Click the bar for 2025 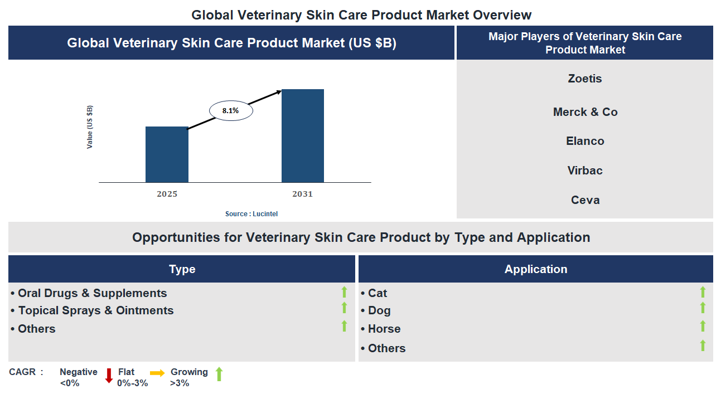pos(167,154)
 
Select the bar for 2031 pos(302,135)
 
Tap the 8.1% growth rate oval pos(231,111)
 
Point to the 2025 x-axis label pos(167,194)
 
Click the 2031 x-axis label pos(302,194)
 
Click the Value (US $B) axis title pos(90,127)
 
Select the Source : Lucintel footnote pos(251,214)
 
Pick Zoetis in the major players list pos(584,79)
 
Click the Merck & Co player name pos(584,112)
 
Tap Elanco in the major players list pos(584,141)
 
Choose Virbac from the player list pos(584,171)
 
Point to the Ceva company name pos(584,200)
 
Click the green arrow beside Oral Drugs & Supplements pos(344,292)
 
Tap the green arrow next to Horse pos(703,327)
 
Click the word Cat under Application pos(377,293)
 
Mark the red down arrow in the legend pos(109,376)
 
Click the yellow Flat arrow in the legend pos(157,373)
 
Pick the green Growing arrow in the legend pos(219,374)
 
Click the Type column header pos(182,269)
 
